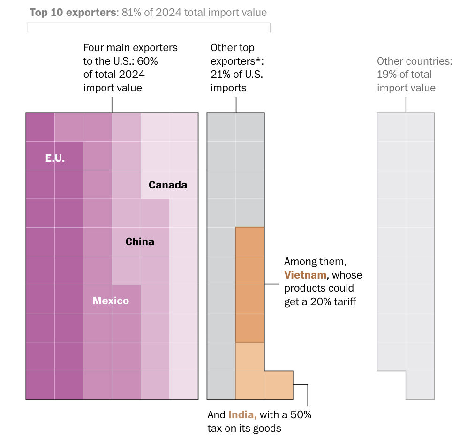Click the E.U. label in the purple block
[x=55, y=158]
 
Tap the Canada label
[x=168, y=185]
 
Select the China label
[x=140, y=242]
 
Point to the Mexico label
[x=111, y=301]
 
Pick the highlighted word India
[x=242, y=414]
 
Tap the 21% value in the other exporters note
[x=219, y=74]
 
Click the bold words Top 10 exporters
[x=72, y=13]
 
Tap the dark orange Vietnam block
[x=250, y=285]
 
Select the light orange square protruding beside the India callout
[x=279, y=385]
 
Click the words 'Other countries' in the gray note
[x=414, y=61]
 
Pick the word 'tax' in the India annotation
[x=216, y=428]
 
